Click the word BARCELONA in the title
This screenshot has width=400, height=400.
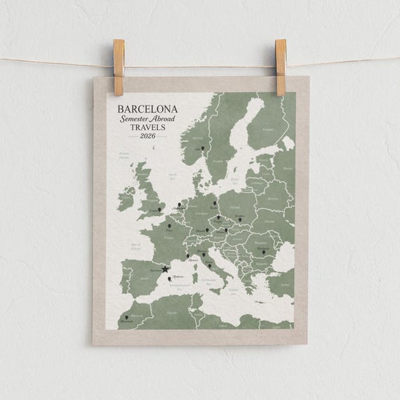coord(148,109)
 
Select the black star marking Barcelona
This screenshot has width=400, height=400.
coord(165,269)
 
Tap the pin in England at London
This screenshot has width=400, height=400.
coord(161,208)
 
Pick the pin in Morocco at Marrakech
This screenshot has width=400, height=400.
coord(126,319)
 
